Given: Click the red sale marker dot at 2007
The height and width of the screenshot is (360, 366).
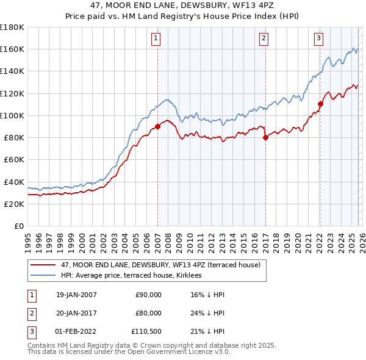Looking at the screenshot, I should pos(157,127).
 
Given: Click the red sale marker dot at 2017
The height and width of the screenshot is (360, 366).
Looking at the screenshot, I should pos(265,138).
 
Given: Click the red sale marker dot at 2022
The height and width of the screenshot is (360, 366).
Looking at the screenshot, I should pos(320,104).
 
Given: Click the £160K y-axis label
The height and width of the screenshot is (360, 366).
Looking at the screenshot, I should pos(12,49).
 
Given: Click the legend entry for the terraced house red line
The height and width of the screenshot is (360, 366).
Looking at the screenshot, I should pos(160,265).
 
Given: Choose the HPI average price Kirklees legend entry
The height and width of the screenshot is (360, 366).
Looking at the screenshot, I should pos(135,275).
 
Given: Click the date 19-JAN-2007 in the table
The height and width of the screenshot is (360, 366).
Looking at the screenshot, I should pos(76,295).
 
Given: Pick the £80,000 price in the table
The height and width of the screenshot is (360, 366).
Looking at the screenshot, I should pos(148,313).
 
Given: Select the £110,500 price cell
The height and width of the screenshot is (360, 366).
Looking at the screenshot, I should pos(146,331).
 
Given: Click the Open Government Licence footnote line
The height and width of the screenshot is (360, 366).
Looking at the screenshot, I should pos(129,352).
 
